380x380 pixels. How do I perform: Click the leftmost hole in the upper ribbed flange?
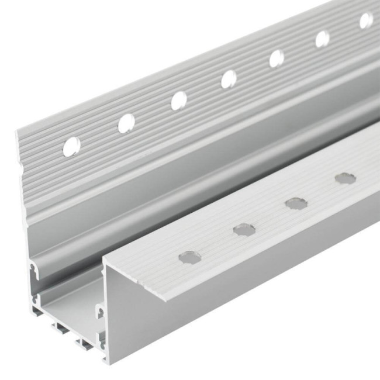(71, 146)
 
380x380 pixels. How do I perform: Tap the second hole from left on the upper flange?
(126, 123)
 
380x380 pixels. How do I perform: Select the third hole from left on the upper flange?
(179, 101)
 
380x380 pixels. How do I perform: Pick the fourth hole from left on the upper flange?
(229, 79)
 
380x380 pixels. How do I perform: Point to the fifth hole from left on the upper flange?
(277, 58)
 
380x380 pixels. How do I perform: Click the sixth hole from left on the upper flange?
(322, 39)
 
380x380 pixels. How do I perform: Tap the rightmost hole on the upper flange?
(366, 20)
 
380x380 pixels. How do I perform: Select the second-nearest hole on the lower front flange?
(244, 229)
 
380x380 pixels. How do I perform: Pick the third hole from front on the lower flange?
(296, 203)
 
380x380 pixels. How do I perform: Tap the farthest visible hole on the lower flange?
(345, 178)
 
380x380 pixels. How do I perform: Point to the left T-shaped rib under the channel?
(62, 327)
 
